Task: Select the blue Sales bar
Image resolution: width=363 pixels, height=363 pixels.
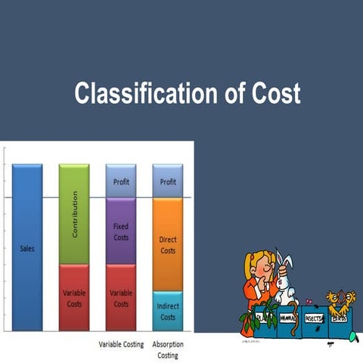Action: pyautogui.click(x=27, y=247)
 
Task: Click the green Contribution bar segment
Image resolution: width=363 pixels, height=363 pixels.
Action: pyautogui.click(x=74, y=214)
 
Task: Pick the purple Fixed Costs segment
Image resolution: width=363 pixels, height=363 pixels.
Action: pyautogui.click(x=121, y=231)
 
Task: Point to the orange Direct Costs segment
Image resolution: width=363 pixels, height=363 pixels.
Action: pyautogui.click(x=168, y=244)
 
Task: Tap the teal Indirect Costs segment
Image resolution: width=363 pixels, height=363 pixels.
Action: pyautogui.click(x=168, y=311)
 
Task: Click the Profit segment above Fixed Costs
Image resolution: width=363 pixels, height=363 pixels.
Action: pyautogui.click(x=121, y=181)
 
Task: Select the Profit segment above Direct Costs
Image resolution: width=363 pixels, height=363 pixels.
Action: pyautogui.click(x=168, y=181)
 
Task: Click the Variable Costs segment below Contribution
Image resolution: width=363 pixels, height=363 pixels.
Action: pyautogui.click(x=74, y=297)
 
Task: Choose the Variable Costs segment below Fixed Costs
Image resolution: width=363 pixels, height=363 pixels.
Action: pyautogui.click(x=121, y=297)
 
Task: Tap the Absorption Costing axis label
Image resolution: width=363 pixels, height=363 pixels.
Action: pyautogui.click(x=168, y=349)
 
